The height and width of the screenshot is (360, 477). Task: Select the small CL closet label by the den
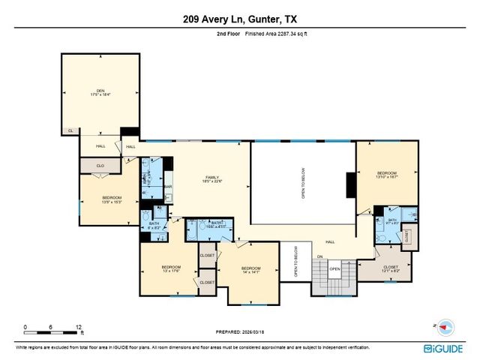point(70,130)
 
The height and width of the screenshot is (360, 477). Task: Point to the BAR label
point(168,186)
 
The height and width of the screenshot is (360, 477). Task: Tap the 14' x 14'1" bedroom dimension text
point(250,272)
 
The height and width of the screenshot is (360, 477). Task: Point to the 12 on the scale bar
point(79,328)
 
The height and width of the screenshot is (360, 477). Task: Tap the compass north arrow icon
point(444,327)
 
